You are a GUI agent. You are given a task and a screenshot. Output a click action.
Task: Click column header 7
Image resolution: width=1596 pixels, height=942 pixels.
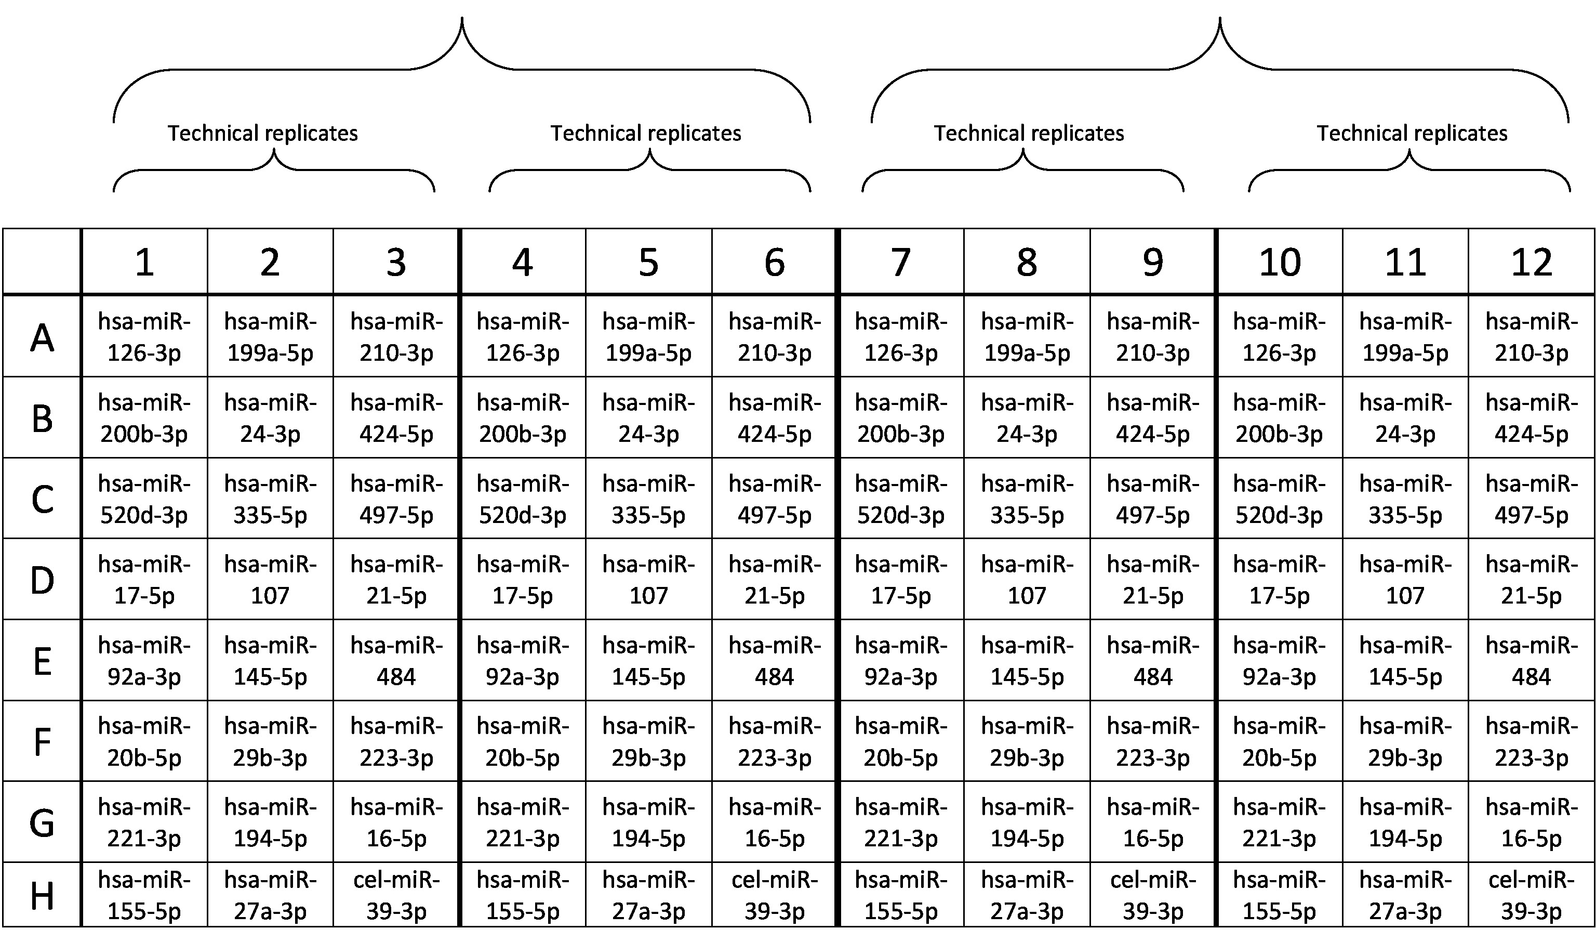pyautogui.click(x=901, y=262)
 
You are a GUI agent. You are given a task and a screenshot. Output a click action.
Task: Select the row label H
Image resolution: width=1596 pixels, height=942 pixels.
pyautogui.click(x=42, y=896)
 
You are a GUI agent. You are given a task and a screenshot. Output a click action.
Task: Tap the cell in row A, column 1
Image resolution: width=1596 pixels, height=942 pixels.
pyautogui.click(x=144, y=337)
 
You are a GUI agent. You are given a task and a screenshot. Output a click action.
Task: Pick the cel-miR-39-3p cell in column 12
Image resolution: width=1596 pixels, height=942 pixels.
pyautogui.click(x=1531, y=896)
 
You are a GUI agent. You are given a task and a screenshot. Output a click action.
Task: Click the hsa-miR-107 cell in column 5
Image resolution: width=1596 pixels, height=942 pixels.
pyautogui.click(x=648, y=580)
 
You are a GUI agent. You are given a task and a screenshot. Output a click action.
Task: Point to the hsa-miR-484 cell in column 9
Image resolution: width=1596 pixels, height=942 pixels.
pyautogui.click(x=1153, y=661)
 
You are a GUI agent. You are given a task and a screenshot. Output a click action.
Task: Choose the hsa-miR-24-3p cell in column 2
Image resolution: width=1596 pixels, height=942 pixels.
pyautogui.click(x=270, y=417)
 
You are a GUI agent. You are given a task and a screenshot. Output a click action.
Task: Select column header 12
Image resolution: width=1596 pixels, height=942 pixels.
pyautogui.click(x=1531, y=262)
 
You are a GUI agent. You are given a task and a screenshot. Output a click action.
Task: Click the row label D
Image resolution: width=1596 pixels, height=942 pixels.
pyautogui.click(x=42, y=580)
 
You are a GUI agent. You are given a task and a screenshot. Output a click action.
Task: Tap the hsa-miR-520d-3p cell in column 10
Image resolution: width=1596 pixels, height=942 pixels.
pyautogui.click(x=1279, y=499)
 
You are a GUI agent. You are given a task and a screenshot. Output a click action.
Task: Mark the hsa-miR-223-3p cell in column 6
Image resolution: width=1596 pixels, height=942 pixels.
pyautogui.click(x=775, y=741)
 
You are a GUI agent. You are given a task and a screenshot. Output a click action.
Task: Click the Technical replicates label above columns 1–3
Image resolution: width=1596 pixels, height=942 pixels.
pyautogui.click(x=262, y=133)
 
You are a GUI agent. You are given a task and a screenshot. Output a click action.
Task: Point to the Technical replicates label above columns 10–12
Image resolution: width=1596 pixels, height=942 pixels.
pyautogui.click(x=1412, y=133)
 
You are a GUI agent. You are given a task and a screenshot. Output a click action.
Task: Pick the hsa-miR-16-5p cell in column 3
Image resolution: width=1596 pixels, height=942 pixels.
pyautogui.click(x=396, y=822)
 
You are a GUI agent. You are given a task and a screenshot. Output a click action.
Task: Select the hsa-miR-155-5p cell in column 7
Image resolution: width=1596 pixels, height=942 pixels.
pyautogui.click(x=901, y=896)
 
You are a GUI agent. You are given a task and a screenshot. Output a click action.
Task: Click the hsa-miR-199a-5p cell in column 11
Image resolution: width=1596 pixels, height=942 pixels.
pyautogui.click(x=1405, y=337)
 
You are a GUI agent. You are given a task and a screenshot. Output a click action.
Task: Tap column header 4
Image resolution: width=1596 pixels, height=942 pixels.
pyautogui.click(x=522, y=262)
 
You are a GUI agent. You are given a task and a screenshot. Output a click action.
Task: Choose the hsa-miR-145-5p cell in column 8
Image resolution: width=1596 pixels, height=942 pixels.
pyautogui.click(x=1027, y=661)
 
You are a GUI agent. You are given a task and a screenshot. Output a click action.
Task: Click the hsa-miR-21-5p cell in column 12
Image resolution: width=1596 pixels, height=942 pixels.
pyautogui.click(x=1531, y=580)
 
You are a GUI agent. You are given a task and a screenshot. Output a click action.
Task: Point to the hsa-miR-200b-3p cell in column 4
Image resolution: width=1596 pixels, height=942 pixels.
pyautogui.click(x=522, y=417)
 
